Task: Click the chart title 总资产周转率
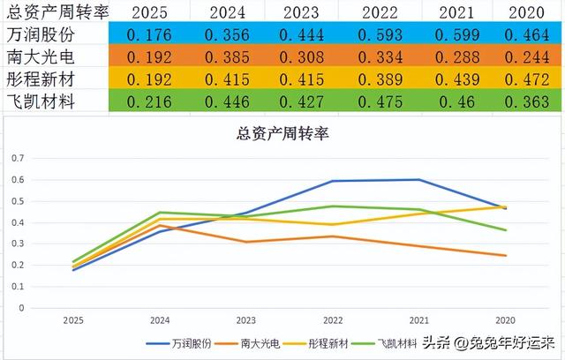point(282,134)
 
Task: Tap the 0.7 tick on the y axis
point(19,157)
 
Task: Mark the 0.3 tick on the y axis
point(19,244)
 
